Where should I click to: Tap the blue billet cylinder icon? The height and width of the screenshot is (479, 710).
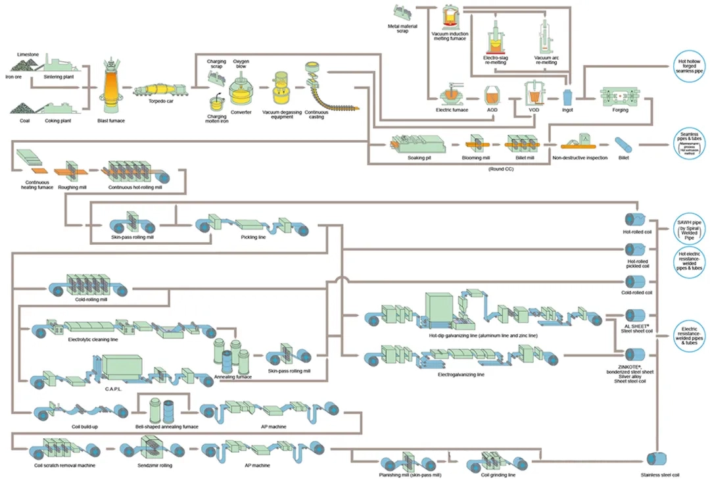(x=623, y=144)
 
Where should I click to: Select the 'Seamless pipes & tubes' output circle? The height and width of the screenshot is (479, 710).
(x=690, y=144)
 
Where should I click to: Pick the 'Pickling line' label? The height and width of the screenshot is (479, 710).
(x=253, y=236)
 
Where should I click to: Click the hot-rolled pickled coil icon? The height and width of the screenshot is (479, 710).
(x=635, y=249)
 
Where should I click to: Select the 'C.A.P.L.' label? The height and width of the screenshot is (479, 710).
(x=114, y=389)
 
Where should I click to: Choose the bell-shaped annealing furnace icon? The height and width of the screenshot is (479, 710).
(x=162, y=411)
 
